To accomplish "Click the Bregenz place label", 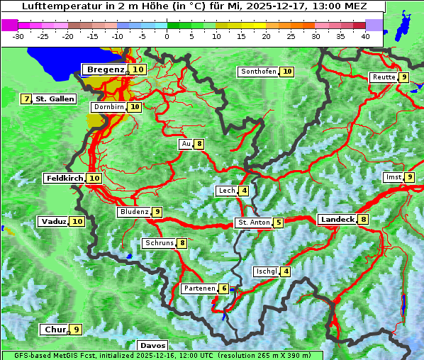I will (106, 69).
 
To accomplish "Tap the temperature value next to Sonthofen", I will (287, 72).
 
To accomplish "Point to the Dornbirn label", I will (108, 107).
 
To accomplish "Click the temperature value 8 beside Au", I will (200, 144).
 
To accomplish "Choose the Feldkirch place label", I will (65, 179).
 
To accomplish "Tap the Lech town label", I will (226, 191).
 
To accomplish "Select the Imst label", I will (393, 177).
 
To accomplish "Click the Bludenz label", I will (134, 212).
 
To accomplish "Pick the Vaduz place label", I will (54, 222).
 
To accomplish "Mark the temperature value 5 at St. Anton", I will (279, 223).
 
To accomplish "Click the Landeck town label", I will (337, 220).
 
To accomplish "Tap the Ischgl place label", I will (266, 271).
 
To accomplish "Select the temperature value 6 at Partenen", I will (224, 288).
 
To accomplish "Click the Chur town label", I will (55, 330).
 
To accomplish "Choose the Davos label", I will (153, 345).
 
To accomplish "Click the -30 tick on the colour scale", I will (18, 36).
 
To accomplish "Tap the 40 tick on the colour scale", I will (365, 36).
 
